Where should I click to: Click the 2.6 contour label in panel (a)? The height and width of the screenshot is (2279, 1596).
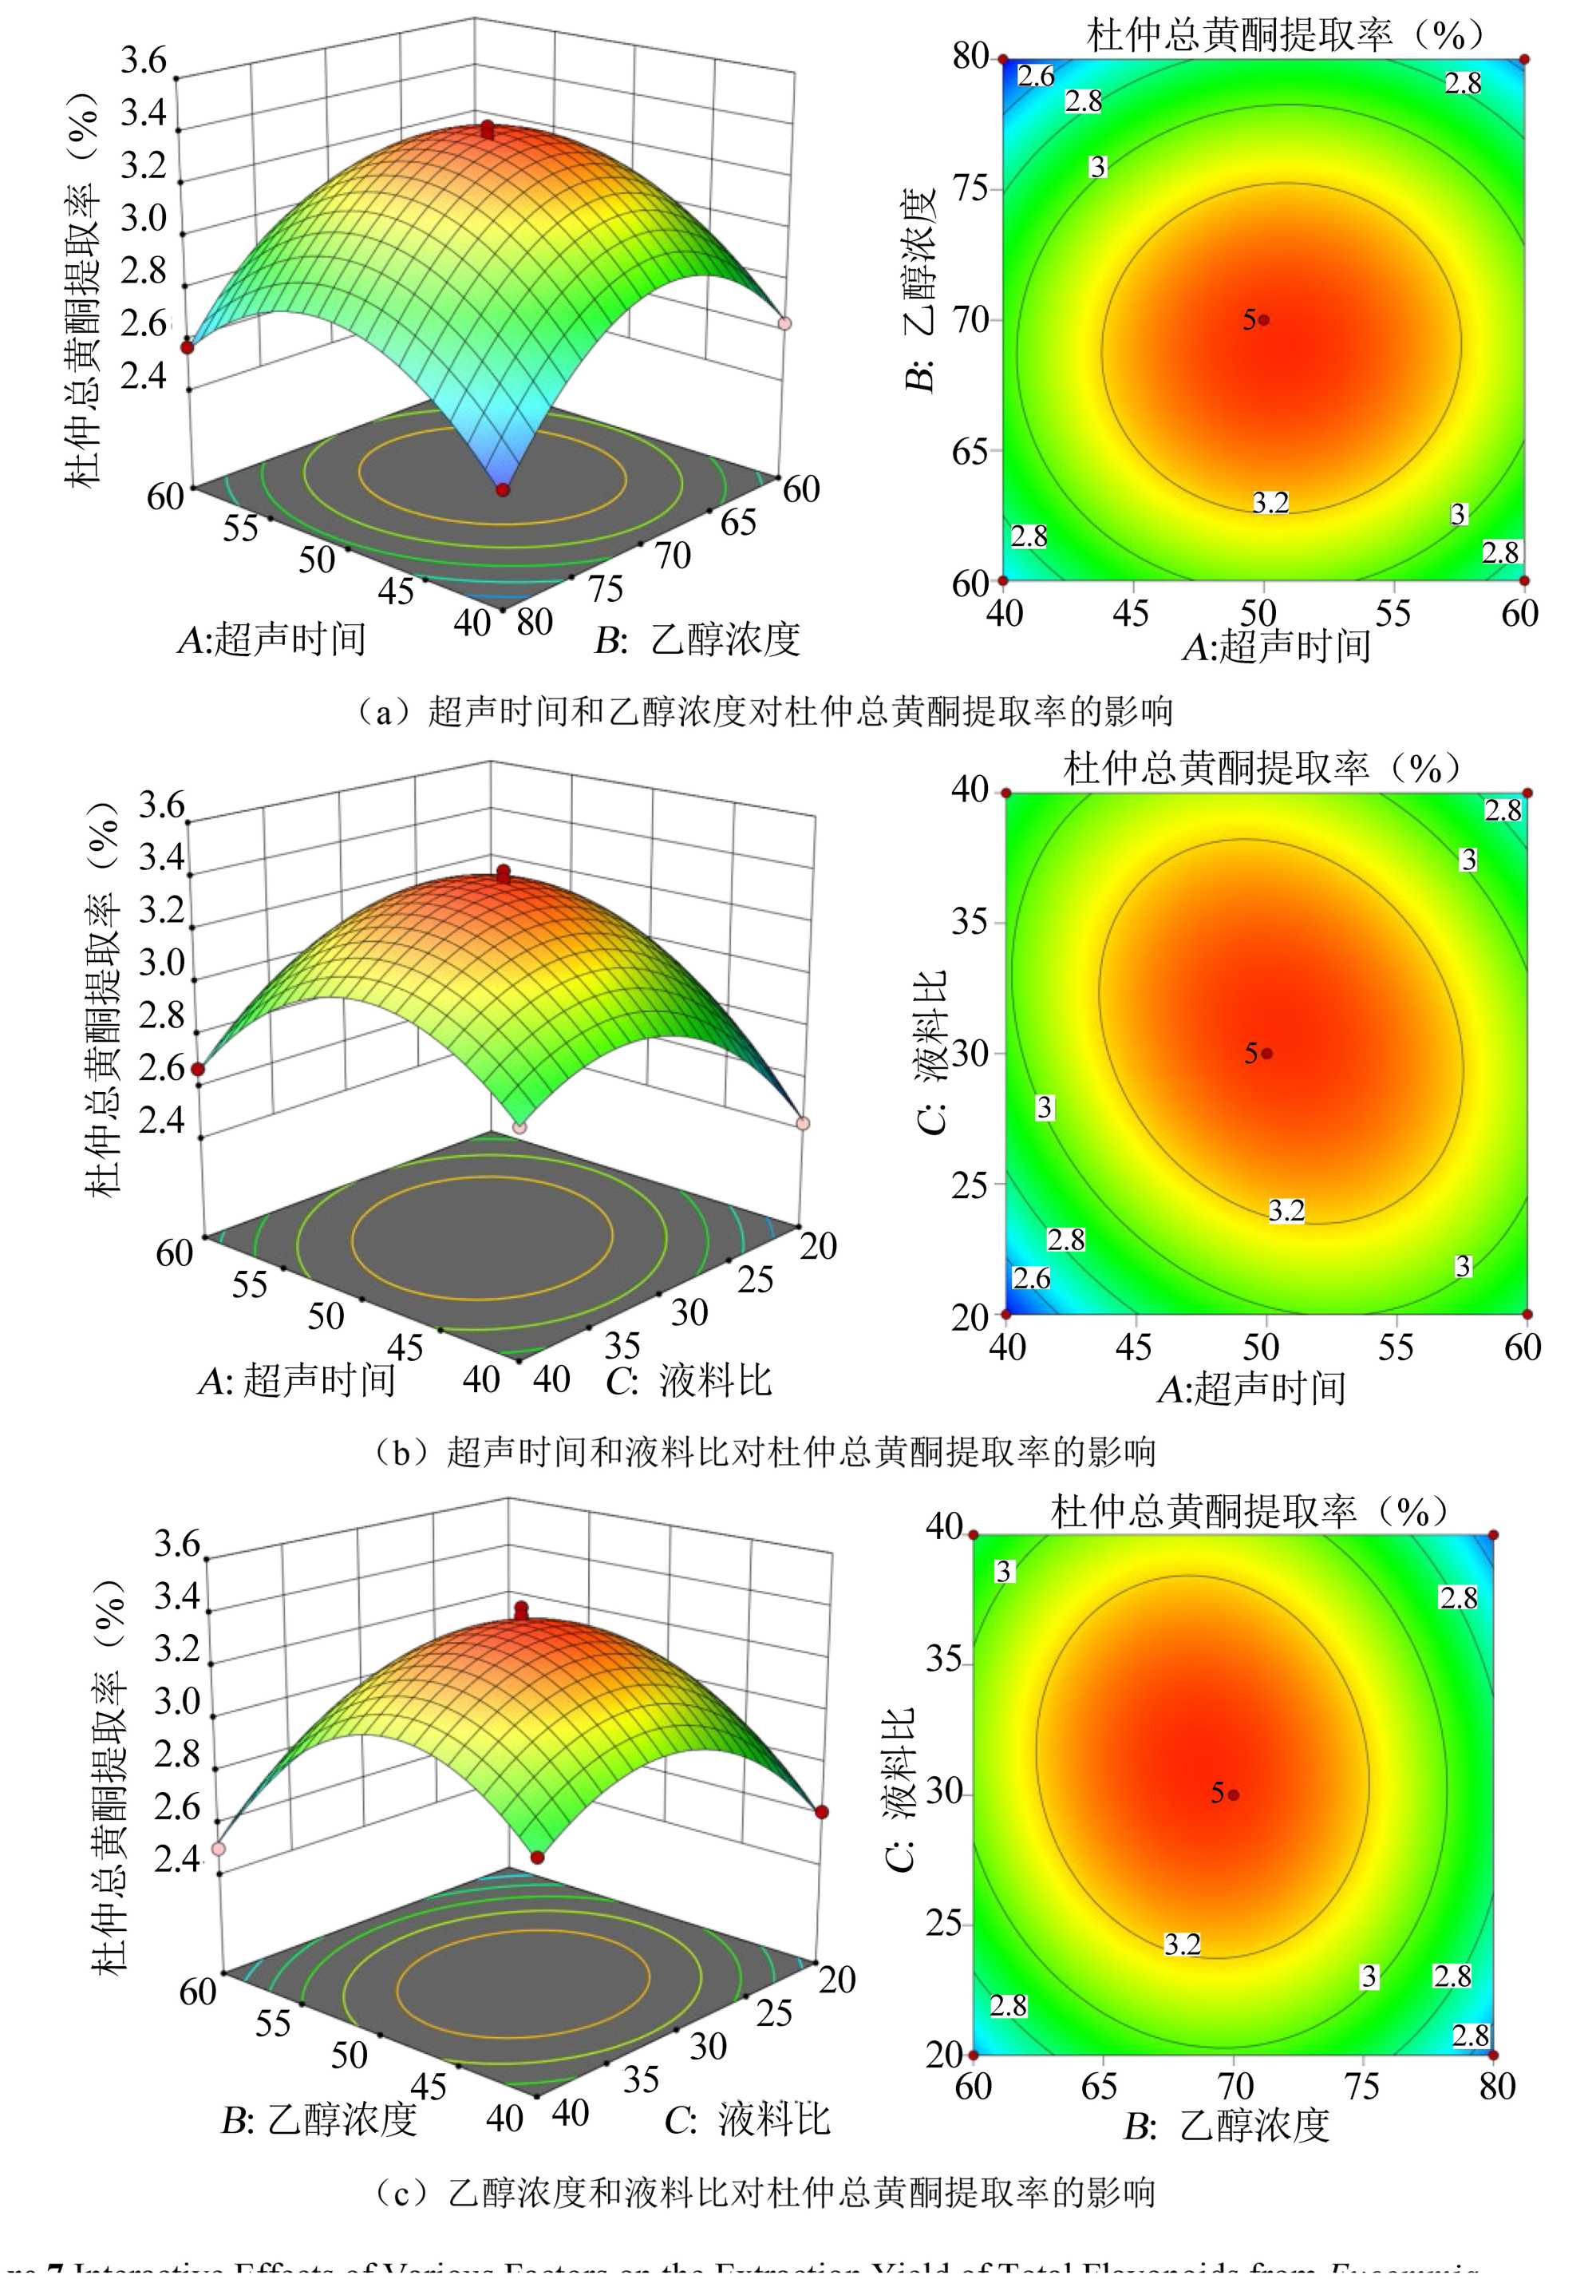pos(1035,77)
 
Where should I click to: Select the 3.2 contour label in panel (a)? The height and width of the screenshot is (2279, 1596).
pos(1270,502)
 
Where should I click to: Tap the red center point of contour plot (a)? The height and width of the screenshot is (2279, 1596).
pos(1263,319)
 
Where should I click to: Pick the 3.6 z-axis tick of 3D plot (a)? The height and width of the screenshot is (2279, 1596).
pos(144,61)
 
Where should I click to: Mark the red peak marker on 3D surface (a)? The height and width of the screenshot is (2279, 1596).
pos(488,129)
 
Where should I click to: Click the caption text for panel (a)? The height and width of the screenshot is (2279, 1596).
pos(764,710)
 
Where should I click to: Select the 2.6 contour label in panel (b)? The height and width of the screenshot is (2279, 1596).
pos(1031,1277)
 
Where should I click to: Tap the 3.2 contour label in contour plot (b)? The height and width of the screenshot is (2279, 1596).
pos(1286,1210)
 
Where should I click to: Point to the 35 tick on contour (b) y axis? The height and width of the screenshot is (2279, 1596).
pos(970,922)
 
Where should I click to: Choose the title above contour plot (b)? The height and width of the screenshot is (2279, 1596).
pos(1261,768)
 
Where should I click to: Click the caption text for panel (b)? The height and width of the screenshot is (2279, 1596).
pos(764,1452)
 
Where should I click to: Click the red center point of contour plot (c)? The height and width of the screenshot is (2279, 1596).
pos(1234,1794)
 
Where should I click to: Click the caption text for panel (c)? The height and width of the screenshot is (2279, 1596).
pos(764,2192)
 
